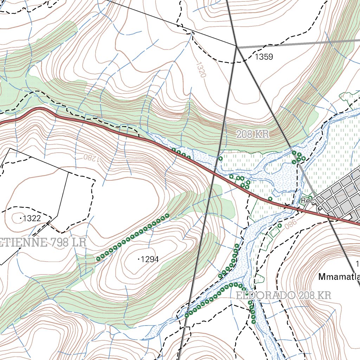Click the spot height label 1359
pyautogui.click(x=264, y=57)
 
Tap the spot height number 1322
pyautogui.click(x=32, y=218)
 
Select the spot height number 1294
pyautogui.click(x=150, y=259)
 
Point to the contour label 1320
pyautogui.click(x=201, y=70)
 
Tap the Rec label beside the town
pyautogui.click(x=307, y=201)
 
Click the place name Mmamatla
pyautogui.click(x=339, y=277)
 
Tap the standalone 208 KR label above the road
pyautogui.click(x=252, y=134)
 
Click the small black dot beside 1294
pyautogui.click(x=139, y=259)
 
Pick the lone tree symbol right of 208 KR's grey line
pyautogui.click(x=220, y=159)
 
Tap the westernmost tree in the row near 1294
pyautogui.click(x=98, y=259)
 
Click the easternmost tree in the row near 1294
pyautogui.click(x=167, y=216)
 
